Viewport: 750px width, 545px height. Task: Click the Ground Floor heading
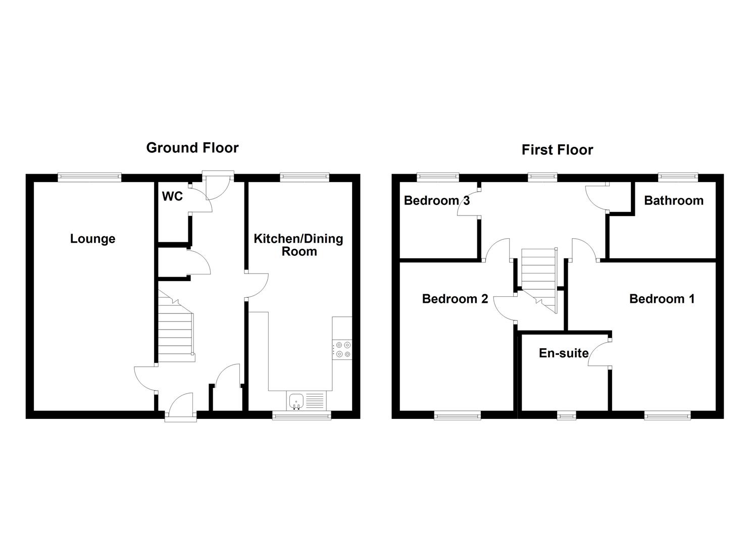192,148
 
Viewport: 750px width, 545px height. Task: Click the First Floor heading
557,150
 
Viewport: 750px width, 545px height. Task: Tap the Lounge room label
92,239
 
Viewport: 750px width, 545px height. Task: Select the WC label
172,196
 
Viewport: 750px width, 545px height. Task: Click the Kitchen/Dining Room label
298,245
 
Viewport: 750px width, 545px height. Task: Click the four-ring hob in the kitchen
342,349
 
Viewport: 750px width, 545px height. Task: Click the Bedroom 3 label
437,201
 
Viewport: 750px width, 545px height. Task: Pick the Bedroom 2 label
455,299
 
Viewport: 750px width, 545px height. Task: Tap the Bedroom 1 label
662,299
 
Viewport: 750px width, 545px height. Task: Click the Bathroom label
674,201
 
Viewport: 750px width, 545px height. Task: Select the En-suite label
564,353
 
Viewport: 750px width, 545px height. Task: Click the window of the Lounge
89,177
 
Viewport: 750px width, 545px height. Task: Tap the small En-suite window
566,415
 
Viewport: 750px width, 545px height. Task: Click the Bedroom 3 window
438,177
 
